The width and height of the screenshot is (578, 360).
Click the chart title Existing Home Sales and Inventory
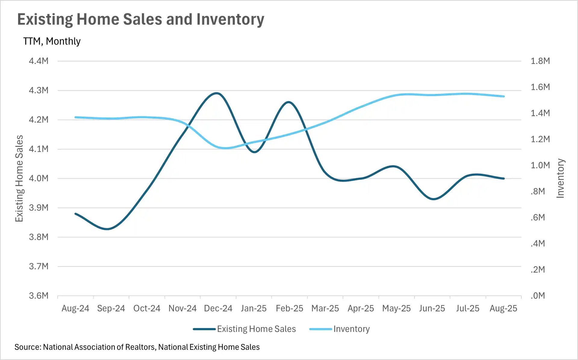[141, 19]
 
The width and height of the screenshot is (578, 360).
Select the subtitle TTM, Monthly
[52, 41]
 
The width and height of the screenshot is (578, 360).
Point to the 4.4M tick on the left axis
[39, 61]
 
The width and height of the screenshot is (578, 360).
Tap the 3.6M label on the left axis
[39, 296]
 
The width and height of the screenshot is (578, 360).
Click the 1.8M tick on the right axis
[540, 61]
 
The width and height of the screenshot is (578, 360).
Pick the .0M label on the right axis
[538, 296]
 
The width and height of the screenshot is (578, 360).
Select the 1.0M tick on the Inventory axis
[540, 165]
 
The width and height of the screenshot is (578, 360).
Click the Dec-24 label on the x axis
[218, 309]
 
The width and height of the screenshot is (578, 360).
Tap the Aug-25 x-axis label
[503, 309]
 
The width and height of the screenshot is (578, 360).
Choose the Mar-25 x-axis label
[325, 309]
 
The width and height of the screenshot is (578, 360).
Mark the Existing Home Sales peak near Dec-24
[216, 93]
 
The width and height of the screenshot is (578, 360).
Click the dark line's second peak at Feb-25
[289, 102]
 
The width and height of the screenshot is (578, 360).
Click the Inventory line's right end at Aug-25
[504, 96]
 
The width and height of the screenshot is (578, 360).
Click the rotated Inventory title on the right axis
[560, 178]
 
